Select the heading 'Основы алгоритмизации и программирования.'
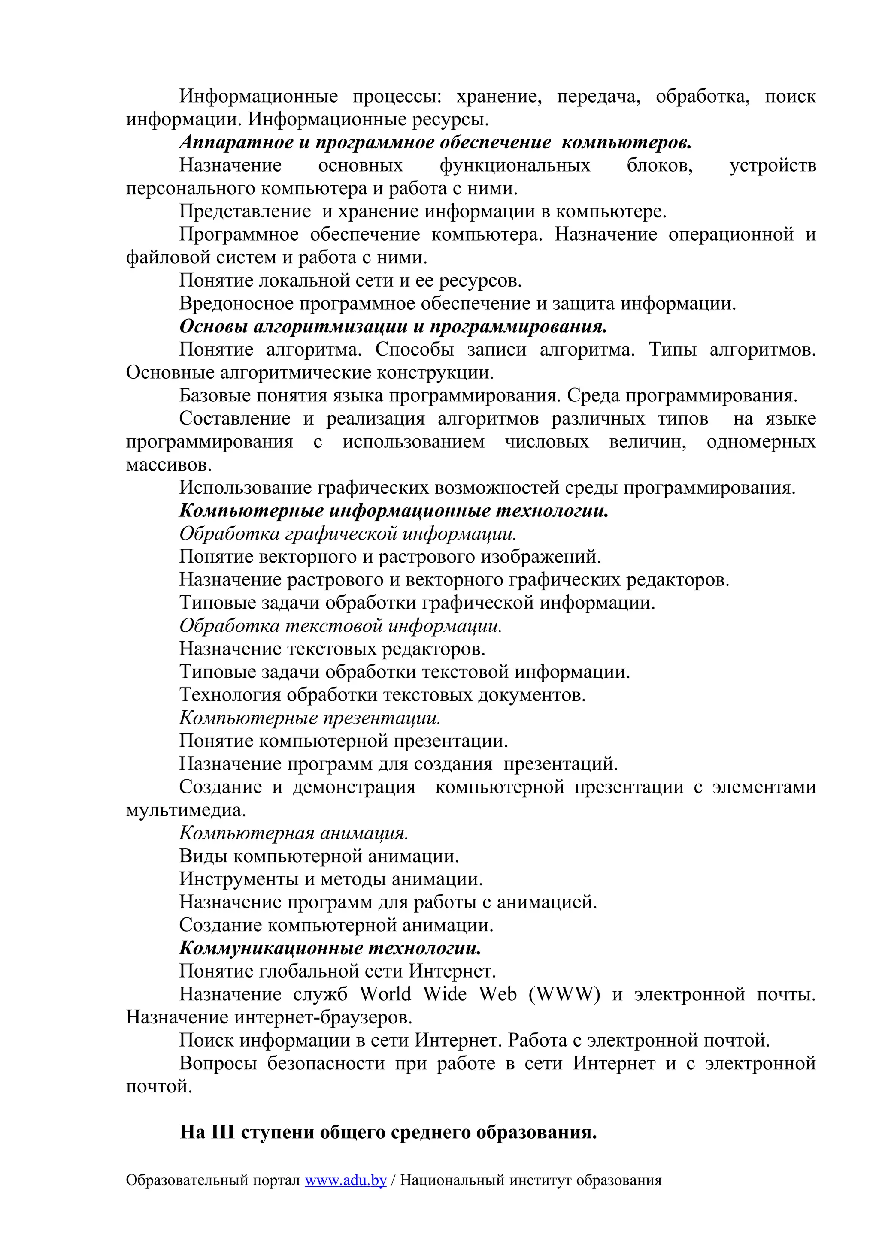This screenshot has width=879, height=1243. [x=393, y=326]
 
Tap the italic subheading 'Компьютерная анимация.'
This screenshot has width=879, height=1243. [x=294, y=833]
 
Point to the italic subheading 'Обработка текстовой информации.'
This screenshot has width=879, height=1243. [x=341, y=626]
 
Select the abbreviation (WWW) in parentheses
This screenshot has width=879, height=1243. [x=564, y=994]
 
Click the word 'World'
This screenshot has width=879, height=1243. [x=385, y=994]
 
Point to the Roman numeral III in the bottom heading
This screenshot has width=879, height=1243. [x=222, y=1133]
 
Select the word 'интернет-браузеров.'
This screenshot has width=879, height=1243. [x=323, y=1017]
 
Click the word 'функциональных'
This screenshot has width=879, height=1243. [x=515, y=166]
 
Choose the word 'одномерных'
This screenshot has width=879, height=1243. [x=761, y=442]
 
